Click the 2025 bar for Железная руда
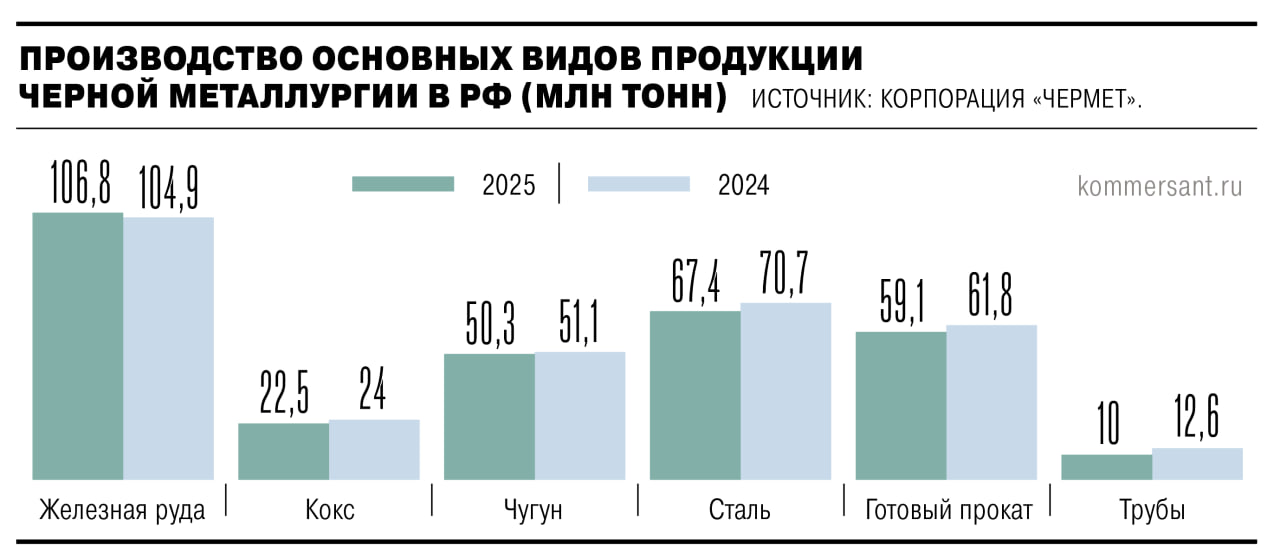(x=78, y=346)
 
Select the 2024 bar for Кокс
(x=374, y=450)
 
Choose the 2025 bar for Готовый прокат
(x=901, y=406)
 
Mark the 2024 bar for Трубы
(x=1197, y=464)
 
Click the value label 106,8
(x=80, y=183)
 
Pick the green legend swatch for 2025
(x=403, y=185)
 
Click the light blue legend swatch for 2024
(x=639, y=185)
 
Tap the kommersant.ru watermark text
(x=1160, y=187)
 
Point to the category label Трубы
(x=1152, y=511)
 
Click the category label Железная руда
(x=122, y=511)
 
